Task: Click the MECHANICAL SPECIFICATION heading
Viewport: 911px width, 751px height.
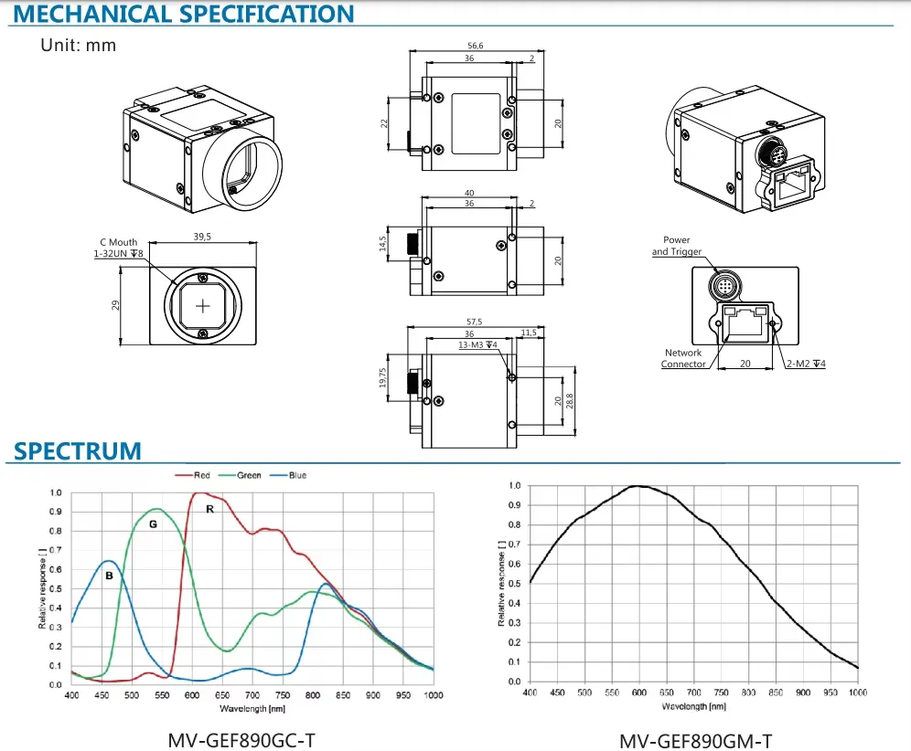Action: tap(184, 14)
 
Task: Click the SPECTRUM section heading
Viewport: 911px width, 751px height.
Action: tap(77, 451)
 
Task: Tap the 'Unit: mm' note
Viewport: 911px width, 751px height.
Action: tap(79, 46)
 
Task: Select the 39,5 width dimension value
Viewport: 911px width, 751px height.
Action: tap(202, 237)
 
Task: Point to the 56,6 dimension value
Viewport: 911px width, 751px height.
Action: tap(476, 46)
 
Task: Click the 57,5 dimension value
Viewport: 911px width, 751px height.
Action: tap(474, 322)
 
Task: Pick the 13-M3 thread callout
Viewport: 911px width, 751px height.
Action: tap(477, 344)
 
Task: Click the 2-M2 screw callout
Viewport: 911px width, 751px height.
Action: tap(806, 364)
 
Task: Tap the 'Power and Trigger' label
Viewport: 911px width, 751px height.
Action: tap(677, 246)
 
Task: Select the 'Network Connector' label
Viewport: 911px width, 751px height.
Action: tap(683, 358)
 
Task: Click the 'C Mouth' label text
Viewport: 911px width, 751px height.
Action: tap(119, 242)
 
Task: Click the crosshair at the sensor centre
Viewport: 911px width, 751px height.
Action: tap(203, 306)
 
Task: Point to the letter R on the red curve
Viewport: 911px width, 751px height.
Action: tap(210, 509)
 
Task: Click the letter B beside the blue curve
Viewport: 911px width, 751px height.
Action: tap(109, 576)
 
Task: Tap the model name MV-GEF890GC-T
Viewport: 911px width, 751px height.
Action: tap(241, 741)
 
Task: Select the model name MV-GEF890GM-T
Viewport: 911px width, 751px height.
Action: tap(696, 741)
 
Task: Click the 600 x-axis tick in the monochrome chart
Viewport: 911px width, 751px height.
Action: tap(639, 693)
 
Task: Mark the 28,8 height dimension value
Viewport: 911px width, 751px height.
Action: tap(570, 400)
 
